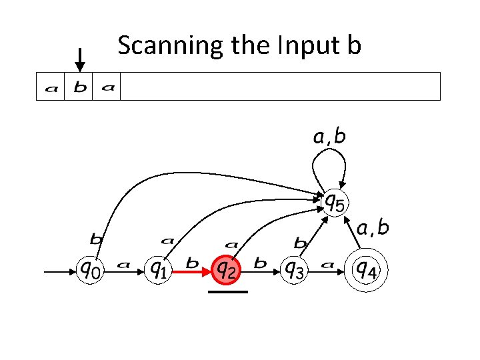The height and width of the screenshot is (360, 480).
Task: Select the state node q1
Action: tap(158, 269)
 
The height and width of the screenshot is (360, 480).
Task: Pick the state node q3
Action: tap(294, 269)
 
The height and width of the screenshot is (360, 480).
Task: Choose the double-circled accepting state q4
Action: tap(366, 269)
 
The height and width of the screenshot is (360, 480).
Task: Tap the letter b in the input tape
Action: tap(79, 87)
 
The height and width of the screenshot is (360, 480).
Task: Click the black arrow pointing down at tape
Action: tap(80, 59)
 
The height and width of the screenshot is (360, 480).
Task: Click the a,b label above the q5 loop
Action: tap(329, 138)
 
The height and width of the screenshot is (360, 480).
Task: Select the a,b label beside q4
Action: tap(373, 229)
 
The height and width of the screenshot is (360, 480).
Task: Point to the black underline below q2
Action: tap(227, 291)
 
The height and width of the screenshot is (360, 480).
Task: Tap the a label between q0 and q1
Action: tap(123, 265)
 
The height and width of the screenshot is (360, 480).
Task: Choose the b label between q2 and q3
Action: tap(260, 263)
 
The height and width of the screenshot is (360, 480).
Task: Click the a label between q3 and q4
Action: tap(328, 265)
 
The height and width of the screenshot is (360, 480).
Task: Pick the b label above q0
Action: tap(96, 238)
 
